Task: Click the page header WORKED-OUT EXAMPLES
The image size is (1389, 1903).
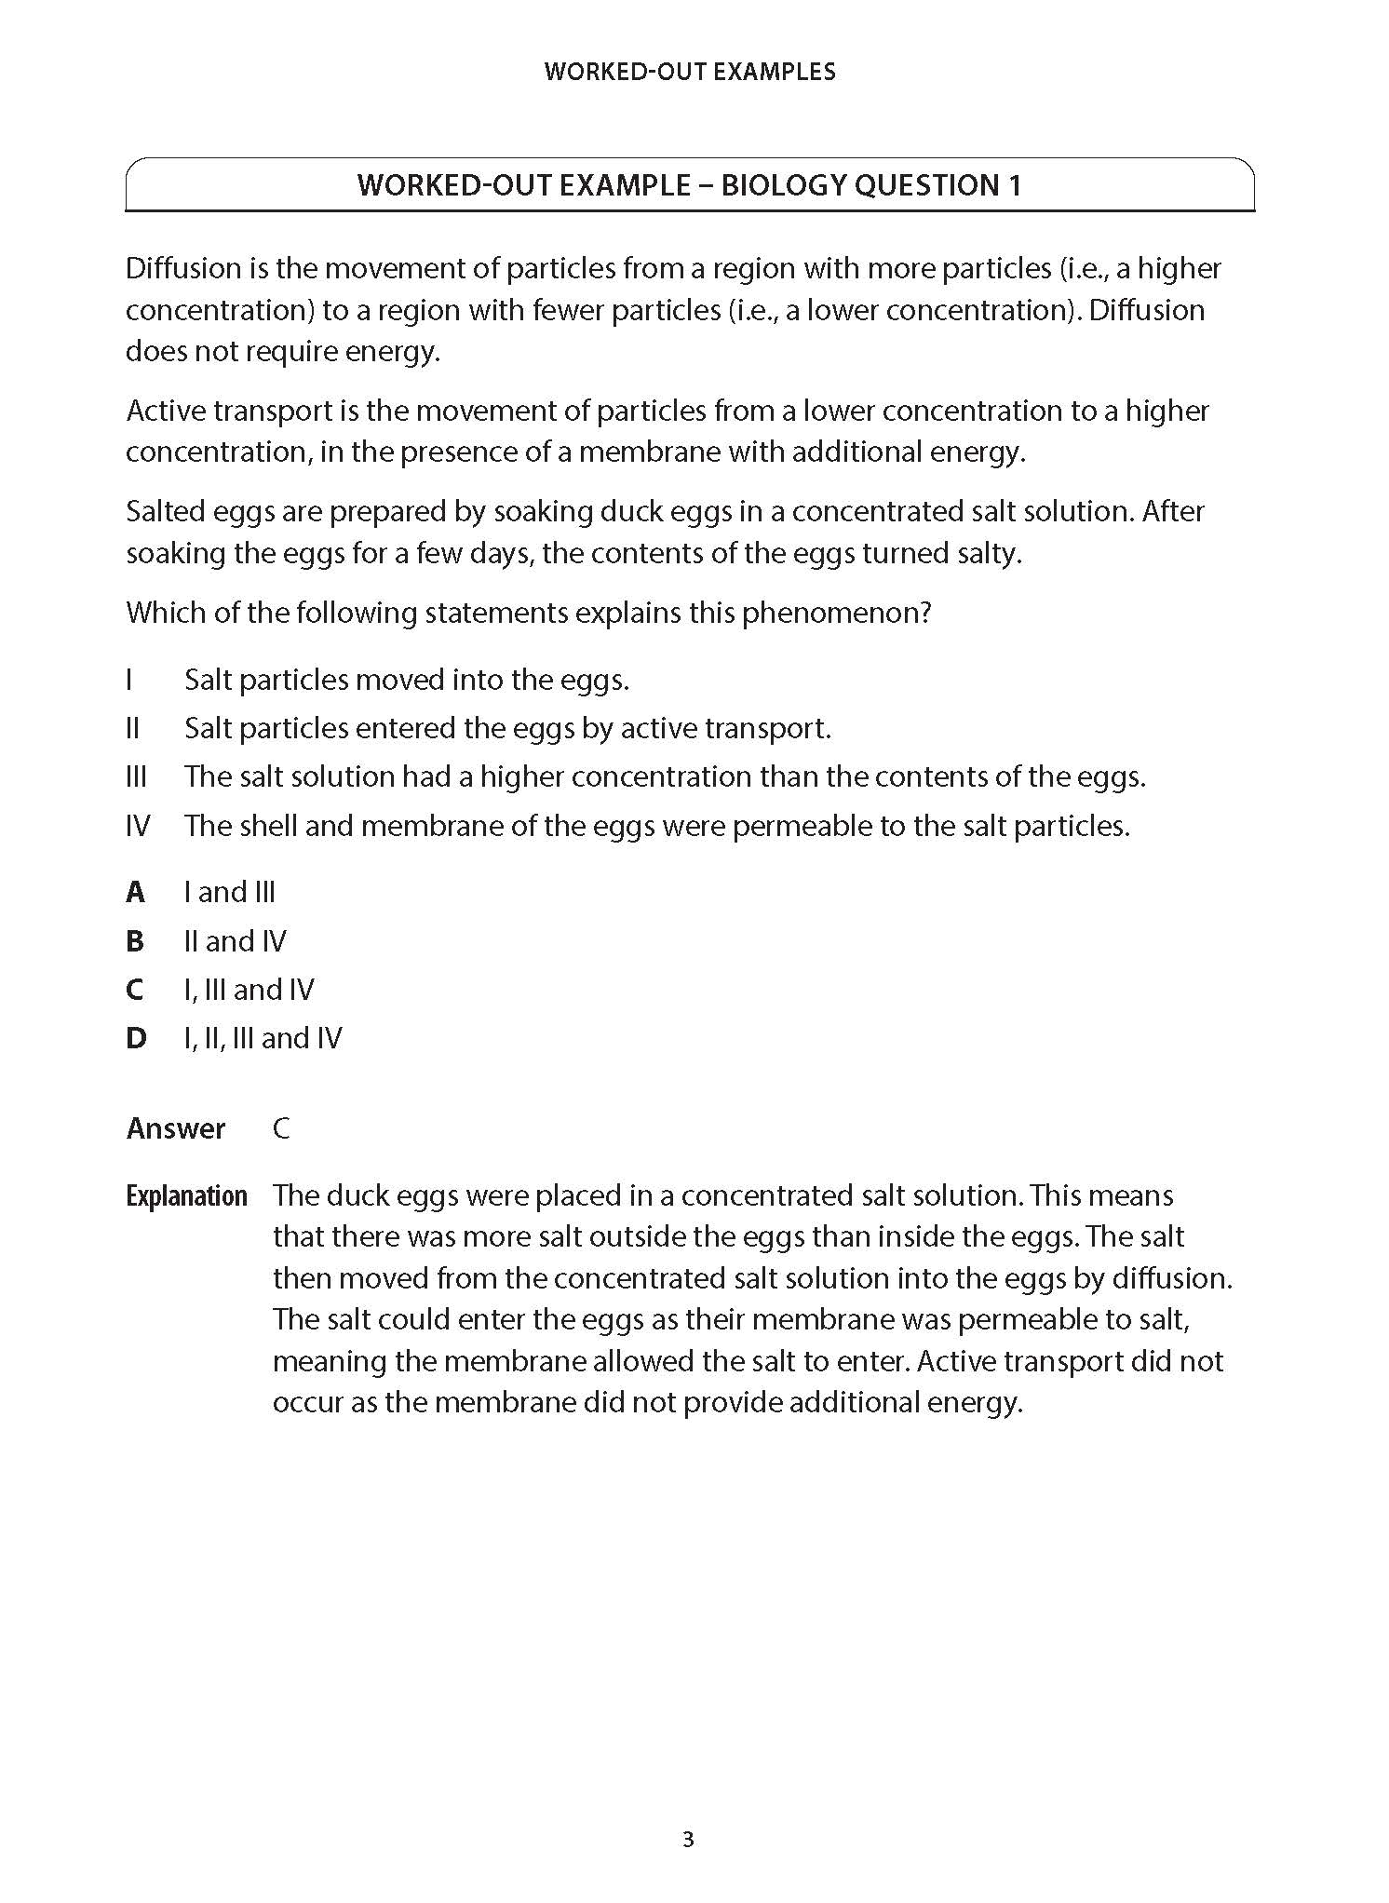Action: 690,72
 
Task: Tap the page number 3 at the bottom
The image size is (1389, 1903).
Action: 689,1840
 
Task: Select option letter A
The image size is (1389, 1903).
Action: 136,892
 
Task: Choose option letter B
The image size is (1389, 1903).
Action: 136,941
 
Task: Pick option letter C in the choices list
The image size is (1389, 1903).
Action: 136,990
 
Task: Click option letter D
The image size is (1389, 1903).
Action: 136,1038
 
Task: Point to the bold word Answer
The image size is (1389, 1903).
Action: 176,1128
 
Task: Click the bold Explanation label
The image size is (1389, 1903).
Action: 186,1196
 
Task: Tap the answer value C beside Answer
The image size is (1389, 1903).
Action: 281,1128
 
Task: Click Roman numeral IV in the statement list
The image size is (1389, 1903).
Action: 138,826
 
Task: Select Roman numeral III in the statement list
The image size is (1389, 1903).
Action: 136,776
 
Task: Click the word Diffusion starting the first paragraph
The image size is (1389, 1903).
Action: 183,268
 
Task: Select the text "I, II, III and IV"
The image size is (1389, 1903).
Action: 263,1038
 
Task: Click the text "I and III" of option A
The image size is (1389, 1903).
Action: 230,892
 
